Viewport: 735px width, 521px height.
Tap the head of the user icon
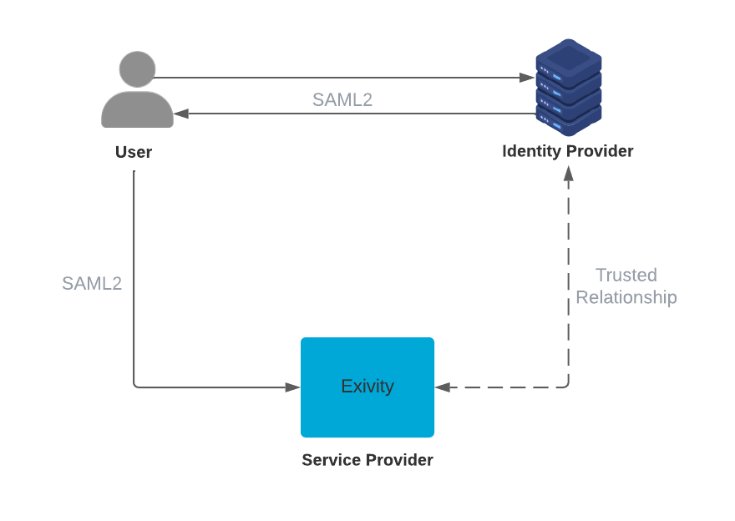[137, 68]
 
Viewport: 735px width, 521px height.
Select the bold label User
[134, 152]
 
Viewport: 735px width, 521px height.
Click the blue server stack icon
[568, 88]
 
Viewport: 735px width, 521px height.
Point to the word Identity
[532, 151]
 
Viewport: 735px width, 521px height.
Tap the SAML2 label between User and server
[342, 100]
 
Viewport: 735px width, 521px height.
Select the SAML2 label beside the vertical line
[92, 283]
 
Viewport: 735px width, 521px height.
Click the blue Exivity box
[367, 387]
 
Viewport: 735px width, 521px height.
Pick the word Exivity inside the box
[367, 387]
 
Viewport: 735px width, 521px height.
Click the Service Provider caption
[367, 460]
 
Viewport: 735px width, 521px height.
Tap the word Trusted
[626, 275]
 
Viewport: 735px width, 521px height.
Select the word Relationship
[626, 297]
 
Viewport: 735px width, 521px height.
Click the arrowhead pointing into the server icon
[527, 78]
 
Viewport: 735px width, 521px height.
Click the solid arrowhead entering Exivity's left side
[292, 387]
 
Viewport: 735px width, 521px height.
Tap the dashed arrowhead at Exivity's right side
[443, 387]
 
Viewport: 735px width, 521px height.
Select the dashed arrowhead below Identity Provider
[569, 173]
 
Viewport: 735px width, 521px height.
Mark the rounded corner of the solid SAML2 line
[136, 385]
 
